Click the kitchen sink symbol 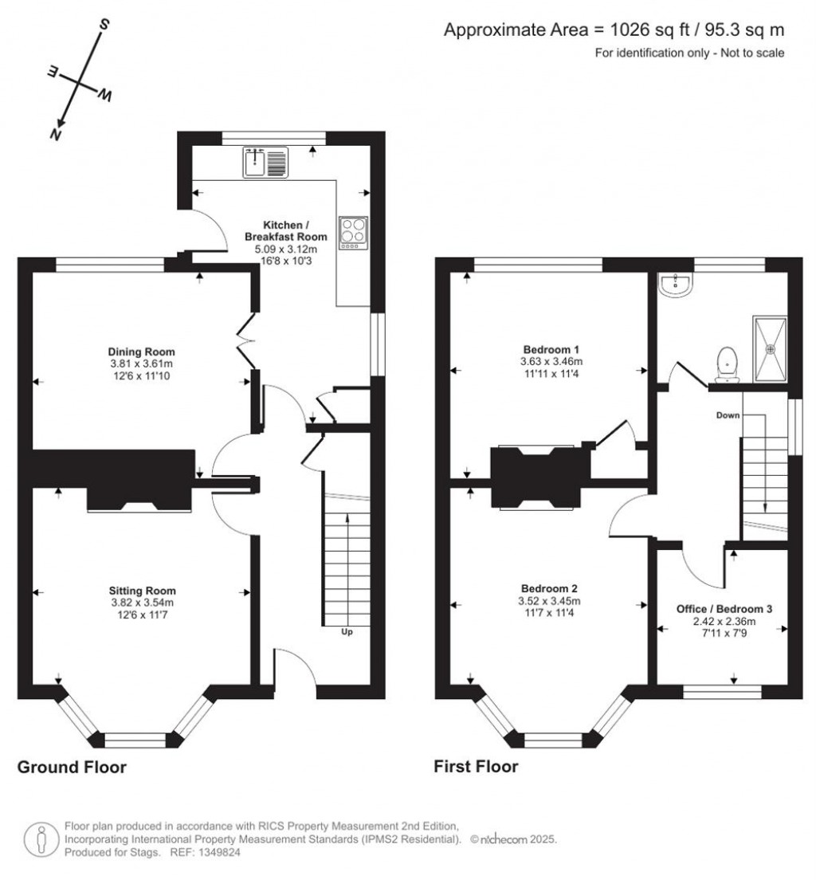point(265,162)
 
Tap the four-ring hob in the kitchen point(354,233)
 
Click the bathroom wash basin point(676,284)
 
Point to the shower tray point(770,348)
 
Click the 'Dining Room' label point(141,352)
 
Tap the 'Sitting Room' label point(143,591)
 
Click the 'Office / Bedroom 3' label point(724,609)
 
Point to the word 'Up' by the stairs point(347,632)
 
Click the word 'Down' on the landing point(728,415)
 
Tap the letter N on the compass point(55,134)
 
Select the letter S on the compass point(104,24)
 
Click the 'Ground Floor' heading point(72,767)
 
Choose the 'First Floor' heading point(476,766)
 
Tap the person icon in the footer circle point(41,839)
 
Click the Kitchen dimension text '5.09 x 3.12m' point(286,249)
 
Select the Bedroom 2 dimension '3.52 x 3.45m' point(549,600)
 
